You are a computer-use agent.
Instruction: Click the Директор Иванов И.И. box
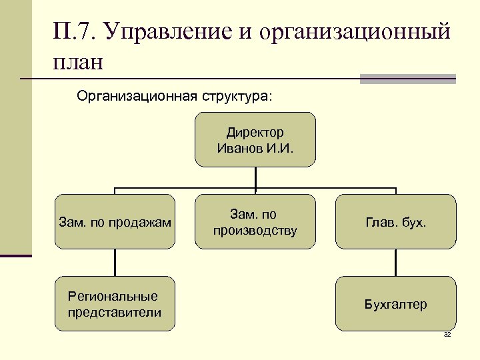point(255,139)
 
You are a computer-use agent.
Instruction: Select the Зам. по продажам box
point(115,221)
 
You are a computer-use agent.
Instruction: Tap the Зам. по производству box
point(255,221)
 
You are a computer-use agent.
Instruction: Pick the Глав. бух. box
point(395,221)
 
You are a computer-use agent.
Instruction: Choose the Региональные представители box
point(115,304)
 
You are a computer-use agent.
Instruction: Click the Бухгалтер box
point(395,304)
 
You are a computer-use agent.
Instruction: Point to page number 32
point(447,334)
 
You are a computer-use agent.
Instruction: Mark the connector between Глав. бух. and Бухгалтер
point(395,263)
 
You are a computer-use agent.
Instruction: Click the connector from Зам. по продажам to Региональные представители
point(115,263)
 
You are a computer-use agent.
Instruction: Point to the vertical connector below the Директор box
point(255,177)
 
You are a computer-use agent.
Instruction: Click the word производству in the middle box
point(255,231)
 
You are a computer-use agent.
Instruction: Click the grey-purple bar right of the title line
point(407,79)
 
